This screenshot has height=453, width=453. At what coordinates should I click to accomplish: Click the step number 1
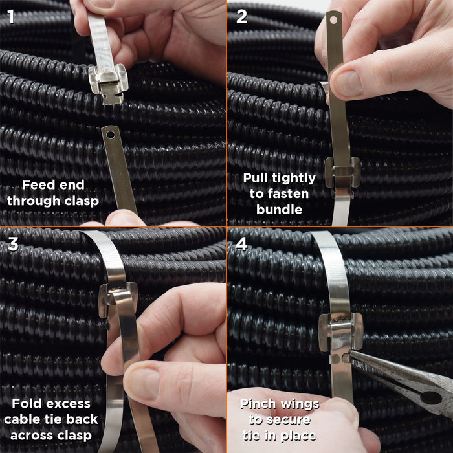(x=11, y=16)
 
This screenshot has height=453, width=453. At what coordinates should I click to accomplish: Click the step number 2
(x=241, y=16)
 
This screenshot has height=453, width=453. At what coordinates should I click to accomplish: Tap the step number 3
(x=13, y=244)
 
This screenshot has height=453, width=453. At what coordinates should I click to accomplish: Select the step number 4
(x=241, y=244)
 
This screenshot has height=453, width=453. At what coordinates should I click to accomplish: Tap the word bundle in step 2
(x=279, y=210)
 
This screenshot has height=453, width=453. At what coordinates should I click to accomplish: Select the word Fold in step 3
(x=25, y=403)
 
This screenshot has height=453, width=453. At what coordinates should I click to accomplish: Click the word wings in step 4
(x=298, y=404)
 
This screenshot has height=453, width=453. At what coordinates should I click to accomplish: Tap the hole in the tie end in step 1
(x=111, y=135)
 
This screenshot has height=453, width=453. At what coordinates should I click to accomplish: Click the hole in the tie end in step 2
(x=333, y=20)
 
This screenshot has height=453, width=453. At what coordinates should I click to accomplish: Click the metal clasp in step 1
(x=108, y=83)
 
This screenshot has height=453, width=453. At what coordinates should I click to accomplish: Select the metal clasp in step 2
(x=342, y=173)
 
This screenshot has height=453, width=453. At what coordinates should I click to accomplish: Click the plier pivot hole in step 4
(x=430, y=397)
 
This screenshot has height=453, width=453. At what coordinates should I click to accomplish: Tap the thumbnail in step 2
(x=348, y=83)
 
